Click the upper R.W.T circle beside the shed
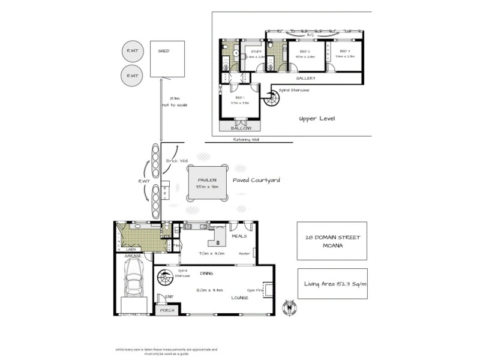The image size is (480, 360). [x=131, y=52]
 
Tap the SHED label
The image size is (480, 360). [x=164, y=51]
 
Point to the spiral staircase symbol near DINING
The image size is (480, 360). [x=163, y=280]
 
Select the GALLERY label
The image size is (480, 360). [x=306, y=79]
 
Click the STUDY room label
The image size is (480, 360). [x=256, y=52]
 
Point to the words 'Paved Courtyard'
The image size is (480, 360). [x=256, y=179]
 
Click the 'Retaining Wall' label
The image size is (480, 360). [x=247, y=140]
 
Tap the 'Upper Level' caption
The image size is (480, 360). [x=317, y=119]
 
